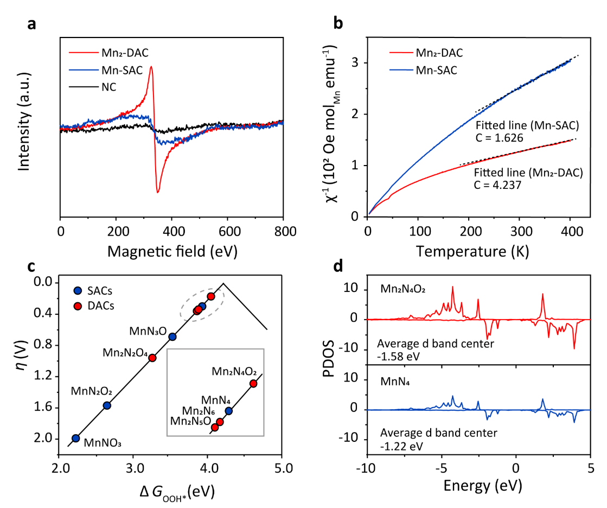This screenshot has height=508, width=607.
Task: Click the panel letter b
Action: (x=337, y=23)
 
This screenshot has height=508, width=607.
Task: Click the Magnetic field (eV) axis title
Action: (x=171, y=252)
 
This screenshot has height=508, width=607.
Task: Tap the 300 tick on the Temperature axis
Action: (x=519, y=231)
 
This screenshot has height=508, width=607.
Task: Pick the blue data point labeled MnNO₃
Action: (x=76, y=438)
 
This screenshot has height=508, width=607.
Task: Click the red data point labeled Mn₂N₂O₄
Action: (x=152, y=358)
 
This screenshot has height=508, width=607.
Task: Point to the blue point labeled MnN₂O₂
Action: (x=107, y=405)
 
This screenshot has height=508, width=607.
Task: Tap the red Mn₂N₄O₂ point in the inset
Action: (x=253, y=383)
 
